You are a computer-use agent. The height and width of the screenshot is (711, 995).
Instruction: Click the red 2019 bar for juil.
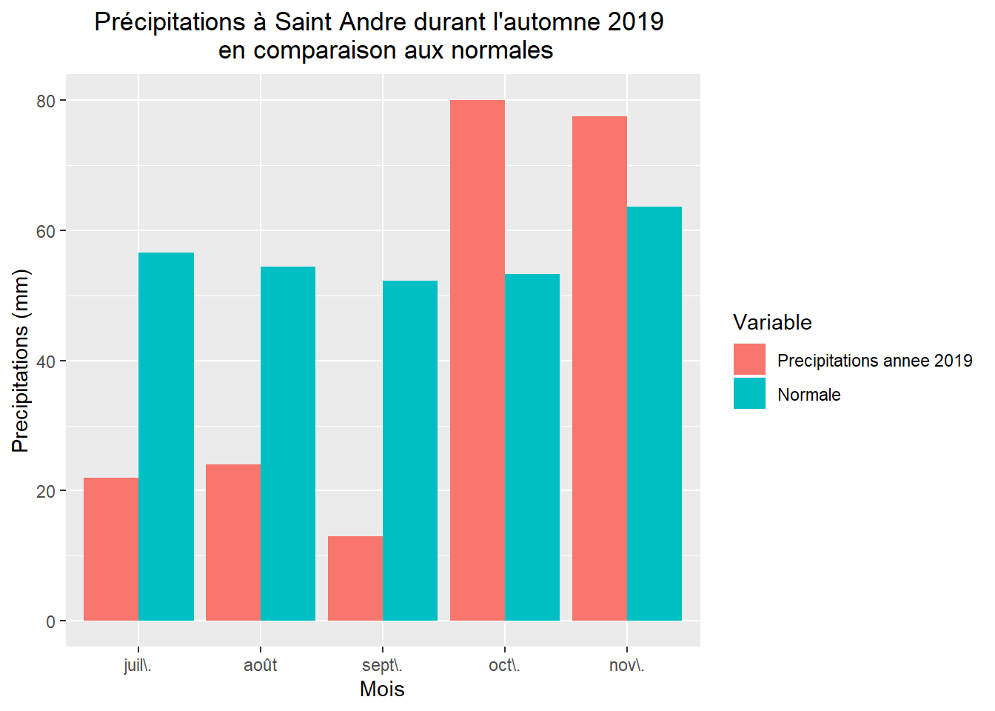tap(111, 549)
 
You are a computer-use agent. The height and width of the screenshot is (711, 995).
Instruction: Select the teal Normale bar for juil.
tap(166, 436)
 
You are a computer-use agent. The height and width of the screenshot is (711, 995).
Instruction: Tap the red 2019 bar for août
tap(233, 542)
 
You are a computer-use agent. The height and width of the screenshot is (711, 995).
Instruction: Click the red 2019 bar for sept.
tap(355, 578)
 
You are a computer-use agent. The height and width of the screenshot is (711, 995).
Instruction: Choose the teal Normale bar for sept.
tap(410, 450)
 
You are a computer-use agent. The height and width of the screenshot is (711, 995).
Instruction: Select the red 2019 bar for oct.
tap(478, 360)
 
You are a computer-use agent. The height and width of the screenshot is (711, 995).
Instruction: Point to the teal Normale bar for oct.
tap(532, 447)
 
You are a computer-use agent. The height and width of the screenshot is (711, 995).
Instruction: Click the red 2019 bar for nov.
tap(600, 368)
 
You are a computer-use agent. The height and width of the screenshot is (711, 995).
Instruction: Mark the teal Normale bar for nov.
tap(654, 413)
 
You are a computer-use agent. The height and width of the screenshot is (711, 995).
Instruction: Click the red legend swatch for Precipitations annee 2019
tap(749, 359)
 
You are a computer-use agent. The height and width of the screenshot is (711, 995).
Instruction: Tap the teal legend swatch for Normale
tap(749, 393)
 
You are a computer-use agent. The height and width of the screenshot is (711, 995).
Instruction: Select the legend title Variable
tap(772, 322)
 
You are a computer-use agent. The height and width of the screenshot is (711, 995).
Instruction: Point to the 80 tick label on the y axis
tap(46, 101)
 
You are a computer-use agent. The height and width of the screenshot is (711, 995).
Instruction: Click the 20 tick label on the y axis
tap(46, 491)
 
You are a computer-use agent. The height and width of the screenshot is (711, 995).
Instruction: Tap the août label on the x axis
tap(261, 665)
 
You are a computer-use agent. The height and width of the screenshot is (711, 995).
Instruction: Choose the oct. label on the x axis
tap(504, 665)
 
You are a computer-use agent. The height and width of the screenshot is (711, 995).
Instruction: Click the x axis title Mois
tap(382, 689)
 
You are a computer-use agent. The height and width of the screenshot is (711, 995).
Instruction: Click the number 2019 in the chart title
tap(635, 22)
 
